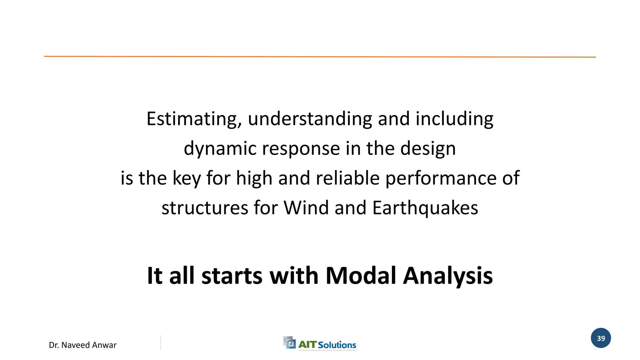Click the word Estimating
point(194,119)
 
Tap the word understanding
point(310,119)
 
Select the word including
point(454,119)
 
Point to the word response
point(301,148)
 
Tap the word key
point(187,178)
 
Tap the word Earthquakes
point(425,208)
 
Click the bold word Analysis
point(448,276)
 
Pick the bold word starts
point(232,276)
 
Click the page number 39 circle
point(601,338)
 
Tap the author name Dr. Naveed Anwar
point(82,345)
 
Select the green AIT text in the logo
point(307,345)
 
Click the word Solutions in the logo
point(337,345)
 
